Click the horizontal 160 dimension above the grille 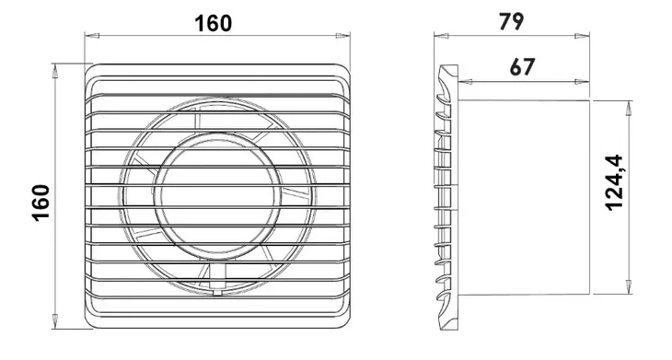[213, 24]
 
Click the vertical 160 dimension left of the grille [41, 203]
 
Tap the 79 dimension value [511, 22]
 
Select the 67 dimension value [523, 67]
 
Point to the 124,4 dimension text [614, 182]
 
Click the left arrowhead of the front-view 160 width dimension [92, 36]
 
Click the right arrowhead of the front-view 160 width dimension [342, 36]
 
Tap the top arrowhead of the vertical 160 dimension [55, 71]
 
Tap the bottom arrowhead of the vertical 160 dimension [55, 321]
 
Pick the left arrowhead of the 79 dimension [442, 36]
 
